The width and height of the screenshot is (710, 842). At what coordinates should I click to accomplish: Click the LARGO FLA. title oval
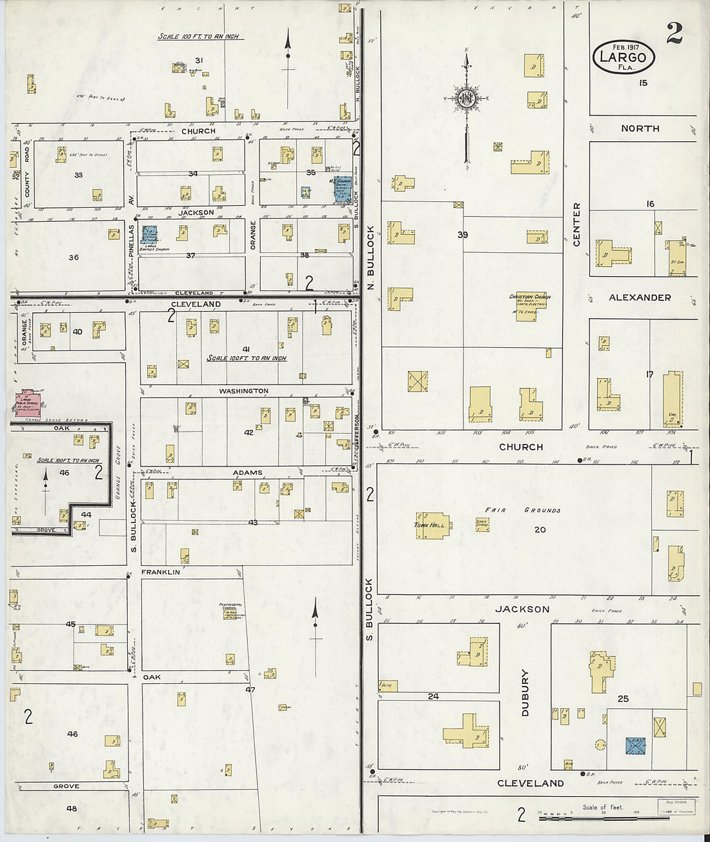coord(624,57)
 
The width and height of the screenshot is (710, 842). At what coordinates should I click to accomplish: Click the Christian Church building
coord(529,305)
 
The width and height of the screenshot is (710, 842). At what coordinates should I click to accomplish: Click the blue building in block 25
coord(636,745)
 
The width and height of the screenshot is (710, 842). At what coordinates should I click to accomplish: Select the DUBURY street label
coord(525,692)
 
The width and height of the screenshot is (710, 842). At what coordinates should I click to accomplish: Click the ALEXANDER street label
coord(640,297)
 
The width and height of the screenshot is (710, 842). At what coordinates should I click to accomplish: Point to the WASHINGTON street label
coord(243,391)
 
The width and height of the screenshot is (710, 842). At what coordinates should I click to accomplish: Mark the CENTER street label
coord(576,224)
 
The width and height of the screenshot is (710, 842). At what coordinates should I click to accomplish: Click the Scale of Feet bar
coord(581,818)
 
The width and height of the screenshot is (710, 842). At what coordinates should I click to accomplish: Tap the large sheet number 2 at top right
coord(674,33)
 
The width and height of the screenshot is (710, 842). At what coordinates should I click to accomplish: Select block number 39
coord(462,235)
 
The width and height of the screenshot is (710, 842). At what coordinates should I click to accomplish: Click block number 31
coord(199,61)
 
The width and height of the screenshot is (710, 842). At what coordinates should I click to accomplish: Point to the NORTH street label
coord(640,128)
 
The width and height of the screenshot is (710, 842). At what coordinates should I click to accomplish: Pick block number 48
coord(72,808)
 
